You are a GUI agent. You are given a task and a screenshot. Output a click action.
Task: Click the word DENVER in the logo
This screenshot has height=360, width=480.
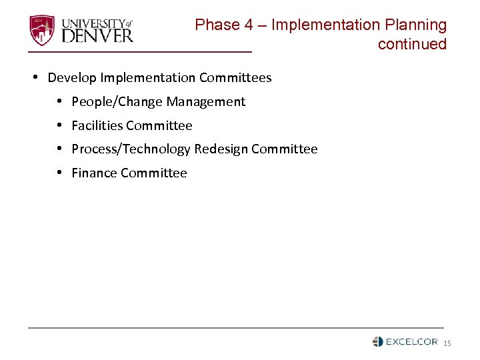point(97,35)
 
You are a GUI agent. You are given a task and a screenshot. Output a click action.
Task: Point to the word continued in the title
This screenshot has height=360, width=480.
point(412,45)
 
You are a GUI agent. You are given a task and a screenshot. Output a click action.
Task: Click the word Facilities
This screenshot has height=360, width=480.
point(97,126)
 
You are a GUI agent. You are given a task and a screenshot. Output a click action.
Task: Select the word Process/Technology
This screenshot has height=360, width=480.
point(131,149)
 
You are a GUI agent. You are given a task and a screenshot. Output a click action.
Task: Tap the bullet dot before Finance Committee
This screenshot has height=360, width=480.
point(59,173)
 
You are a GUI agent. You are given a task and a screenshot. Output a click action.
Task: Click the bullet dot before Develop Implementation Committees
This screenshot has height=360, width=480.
point(35,78)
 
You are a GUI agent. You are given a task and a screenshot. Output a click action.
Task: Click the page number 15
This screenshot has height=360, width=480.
point(447,343)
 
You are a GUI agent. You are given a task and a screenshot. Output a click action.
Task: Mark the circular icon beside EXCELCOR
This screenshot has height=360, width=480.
point(378,341)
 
